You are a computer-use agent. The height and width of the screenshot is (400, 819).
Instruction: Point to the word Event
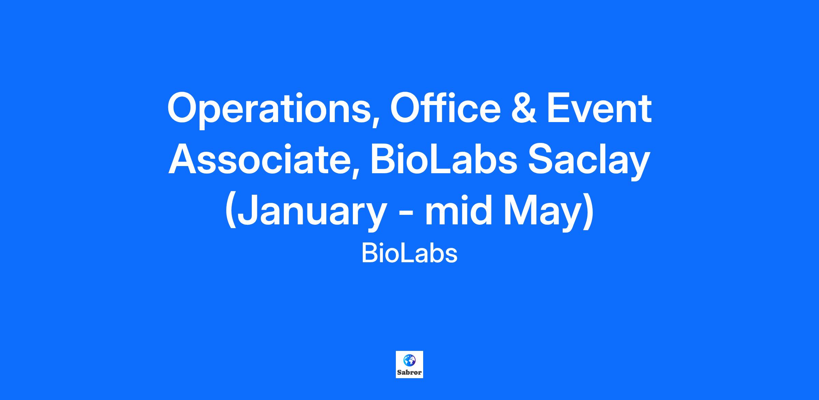pos(598,108)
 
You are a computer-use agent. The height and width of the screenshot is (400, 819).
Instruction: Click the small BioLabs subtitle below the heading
pos(409,254)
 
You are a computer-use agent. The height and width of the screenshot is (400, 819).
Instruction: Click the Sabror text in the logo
pos(409,372)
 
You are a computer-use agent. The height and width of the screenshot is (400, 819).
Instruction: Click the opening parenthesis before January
pos(231,213)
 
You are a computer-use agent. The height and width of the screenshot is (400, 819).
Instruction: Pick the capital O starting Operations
pos(183,108)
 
